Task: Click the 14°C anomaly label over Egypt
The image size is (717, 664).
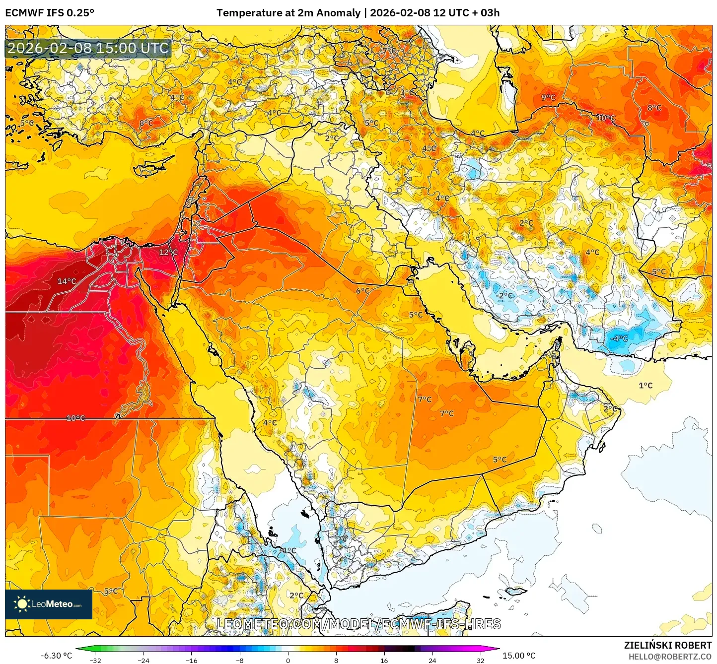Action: click(x=67, y=281)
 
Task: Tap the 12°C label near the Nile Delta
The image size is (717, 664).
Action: click(x=168, y=252)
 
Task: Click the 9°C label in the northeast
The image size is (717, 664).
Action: click(x=548, y=97)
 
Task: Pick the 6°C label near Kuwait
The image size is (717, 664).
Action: click(x=362, y=291)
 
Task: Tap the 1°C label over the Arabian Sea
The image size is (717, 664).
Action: click(x=645, y=385)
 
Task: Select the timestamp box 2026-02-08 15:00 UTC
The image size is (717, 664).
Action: click(x=88, y=48)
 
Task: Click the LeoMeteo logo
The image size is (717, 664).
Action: click(x=49, y=604)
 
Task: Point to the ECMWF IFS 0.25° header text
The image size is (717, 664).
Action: click(x=50, y=13)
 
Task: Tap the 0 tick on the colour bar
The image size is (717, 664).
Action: click(x=288, y=660)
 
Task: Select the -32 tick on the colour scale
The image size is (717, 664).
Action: click(x=95, y=660)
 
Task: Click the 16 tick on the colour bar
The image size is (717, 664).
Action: click(x=384, y=660)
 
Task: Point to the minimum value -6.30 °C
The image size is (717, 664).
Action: click(x=56, y=656)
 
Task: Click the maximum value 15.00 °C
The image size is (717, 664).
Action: click(x=519, y=656)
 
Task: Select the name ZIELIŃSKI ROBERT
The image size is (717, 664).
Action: click(x=667, y=645)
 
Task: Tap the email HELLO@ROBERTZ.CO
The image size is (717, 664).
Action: click(x=670, y=657)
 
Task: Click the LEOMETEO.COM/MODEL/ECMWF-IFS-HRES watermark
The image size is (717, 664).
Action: click(x=358, y=624)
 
